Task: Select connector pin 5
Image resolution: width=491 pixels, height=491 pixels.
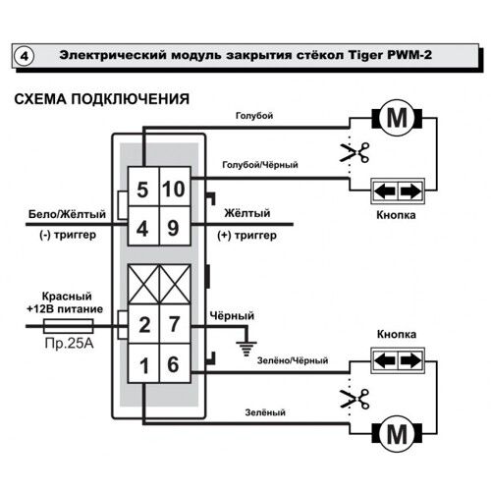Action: pos(142,190)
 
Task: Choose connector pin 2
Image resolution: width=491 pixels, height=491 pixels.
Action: pos(142,323)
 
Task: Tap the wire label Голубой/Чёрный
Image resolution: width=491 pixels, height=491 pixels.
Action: pos(260,164)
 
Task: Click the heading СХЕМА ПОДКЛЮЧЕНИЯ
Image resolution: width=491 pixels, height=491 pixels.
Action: pos(97,99)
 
